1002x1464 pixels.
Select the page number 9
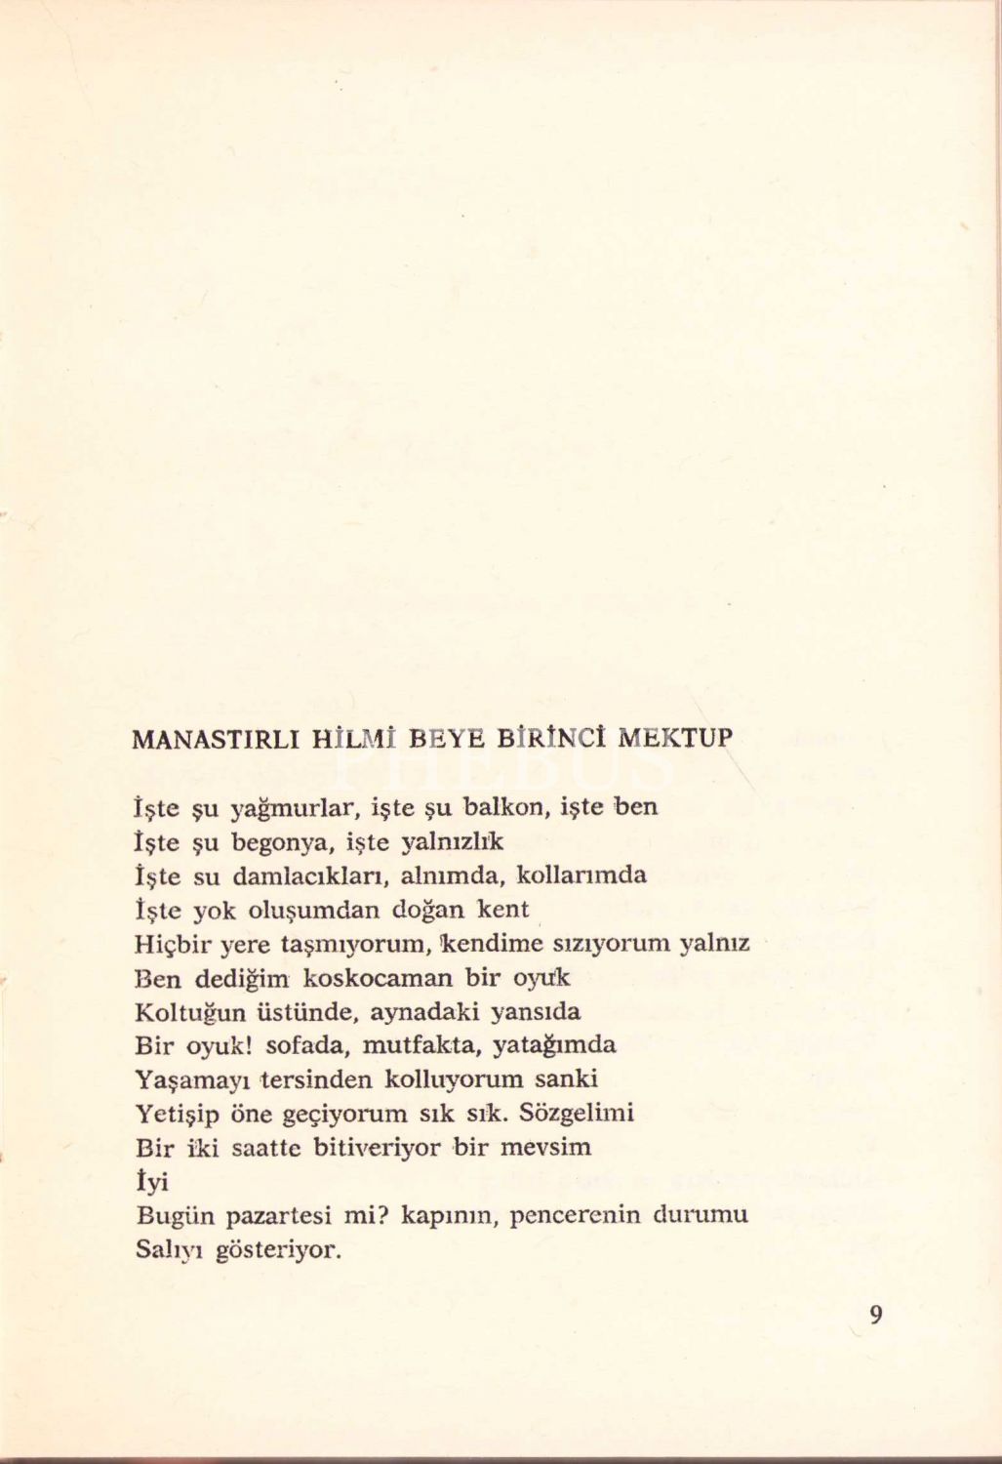click(x=875, y=1316)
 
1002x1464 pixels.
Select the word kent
click(x=502, y=910)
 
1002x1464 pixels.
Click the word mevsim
click(x=546, y=1147)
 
